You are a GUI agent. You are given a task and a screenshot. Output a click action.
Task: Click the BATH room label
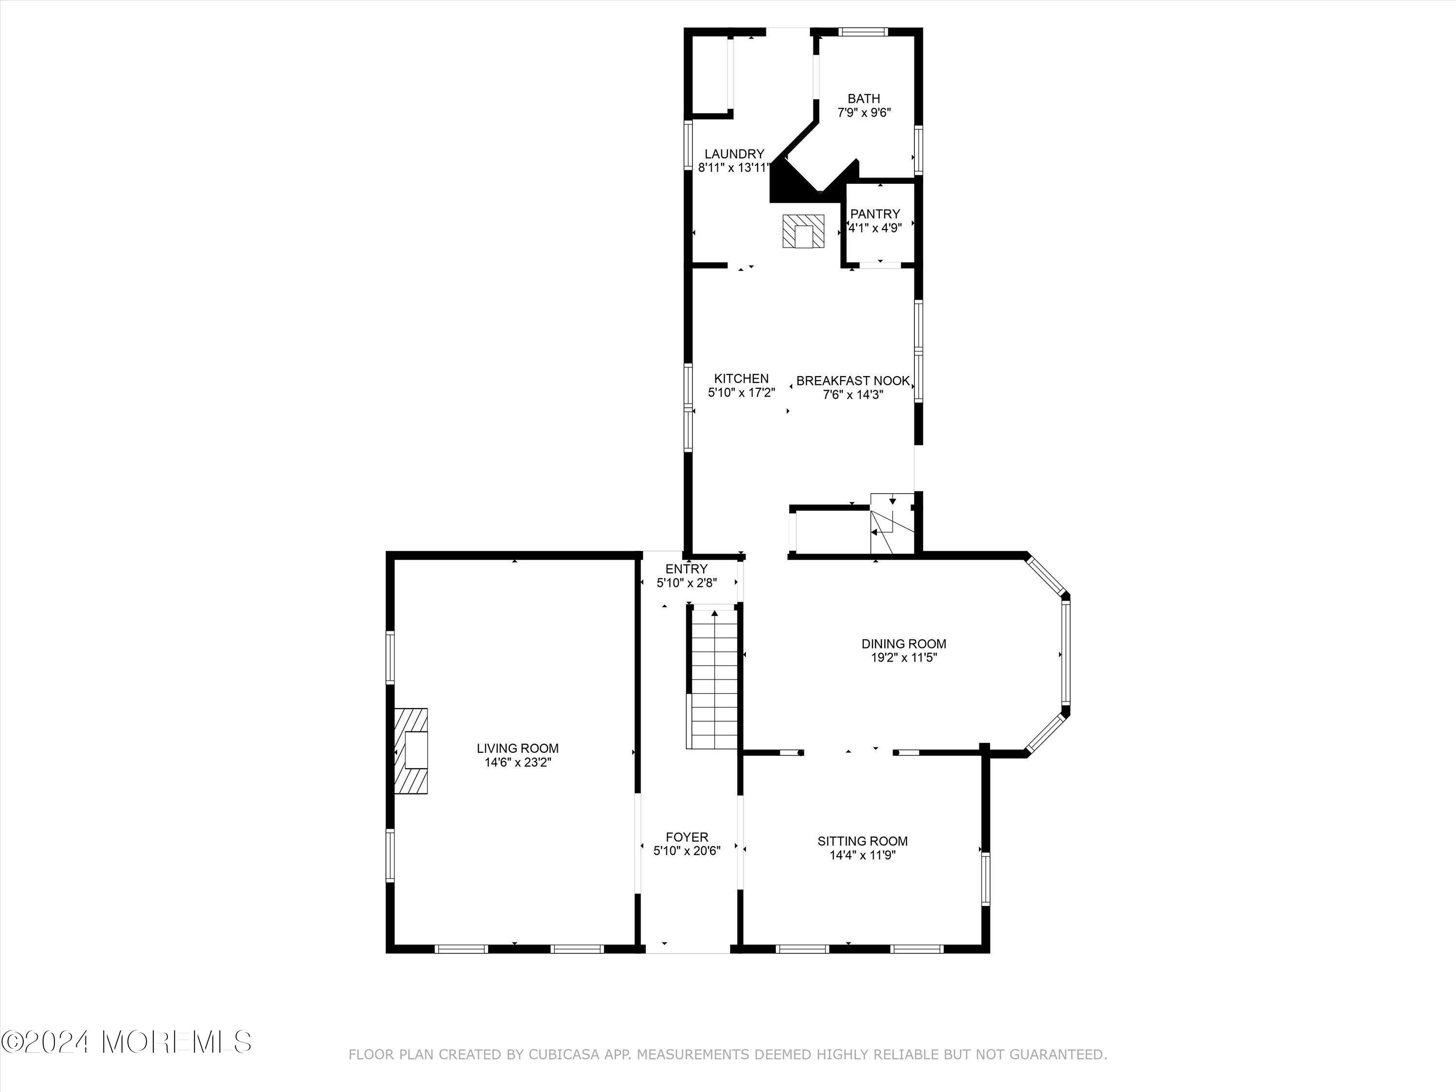click(863, 99)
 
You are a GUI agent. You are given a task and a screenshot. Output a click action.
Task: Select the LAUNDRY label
click(734, 154)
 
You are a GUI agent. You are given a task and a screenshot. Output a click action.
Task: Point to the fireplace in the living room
click(412, 751)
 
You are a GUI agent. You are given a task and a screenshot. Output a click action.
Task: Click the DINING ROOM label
click(904, 644)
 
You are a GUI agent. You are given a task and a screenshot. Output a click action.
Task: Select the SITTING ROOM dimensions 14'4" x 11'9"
click(862, 855)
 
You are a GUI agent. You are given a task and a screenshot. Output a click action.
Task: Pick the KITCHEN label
click(741, 379)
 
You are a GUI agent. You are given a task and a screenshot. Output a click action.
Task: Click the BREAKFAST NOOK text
click(852, 381)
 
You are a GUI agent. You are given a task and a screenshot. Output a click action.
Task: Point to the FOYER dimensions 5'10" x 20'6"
click(687, 850)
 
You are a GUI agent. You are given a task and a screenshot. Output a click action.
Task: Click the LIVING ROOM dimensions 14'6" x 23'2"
click(517, 762)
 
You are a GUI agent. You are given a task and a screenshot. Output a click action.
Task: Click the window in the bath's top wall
click(863, 32)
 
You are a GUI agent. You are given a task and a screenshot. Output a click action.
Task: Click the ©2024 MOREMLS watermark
click(126, 1042)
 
